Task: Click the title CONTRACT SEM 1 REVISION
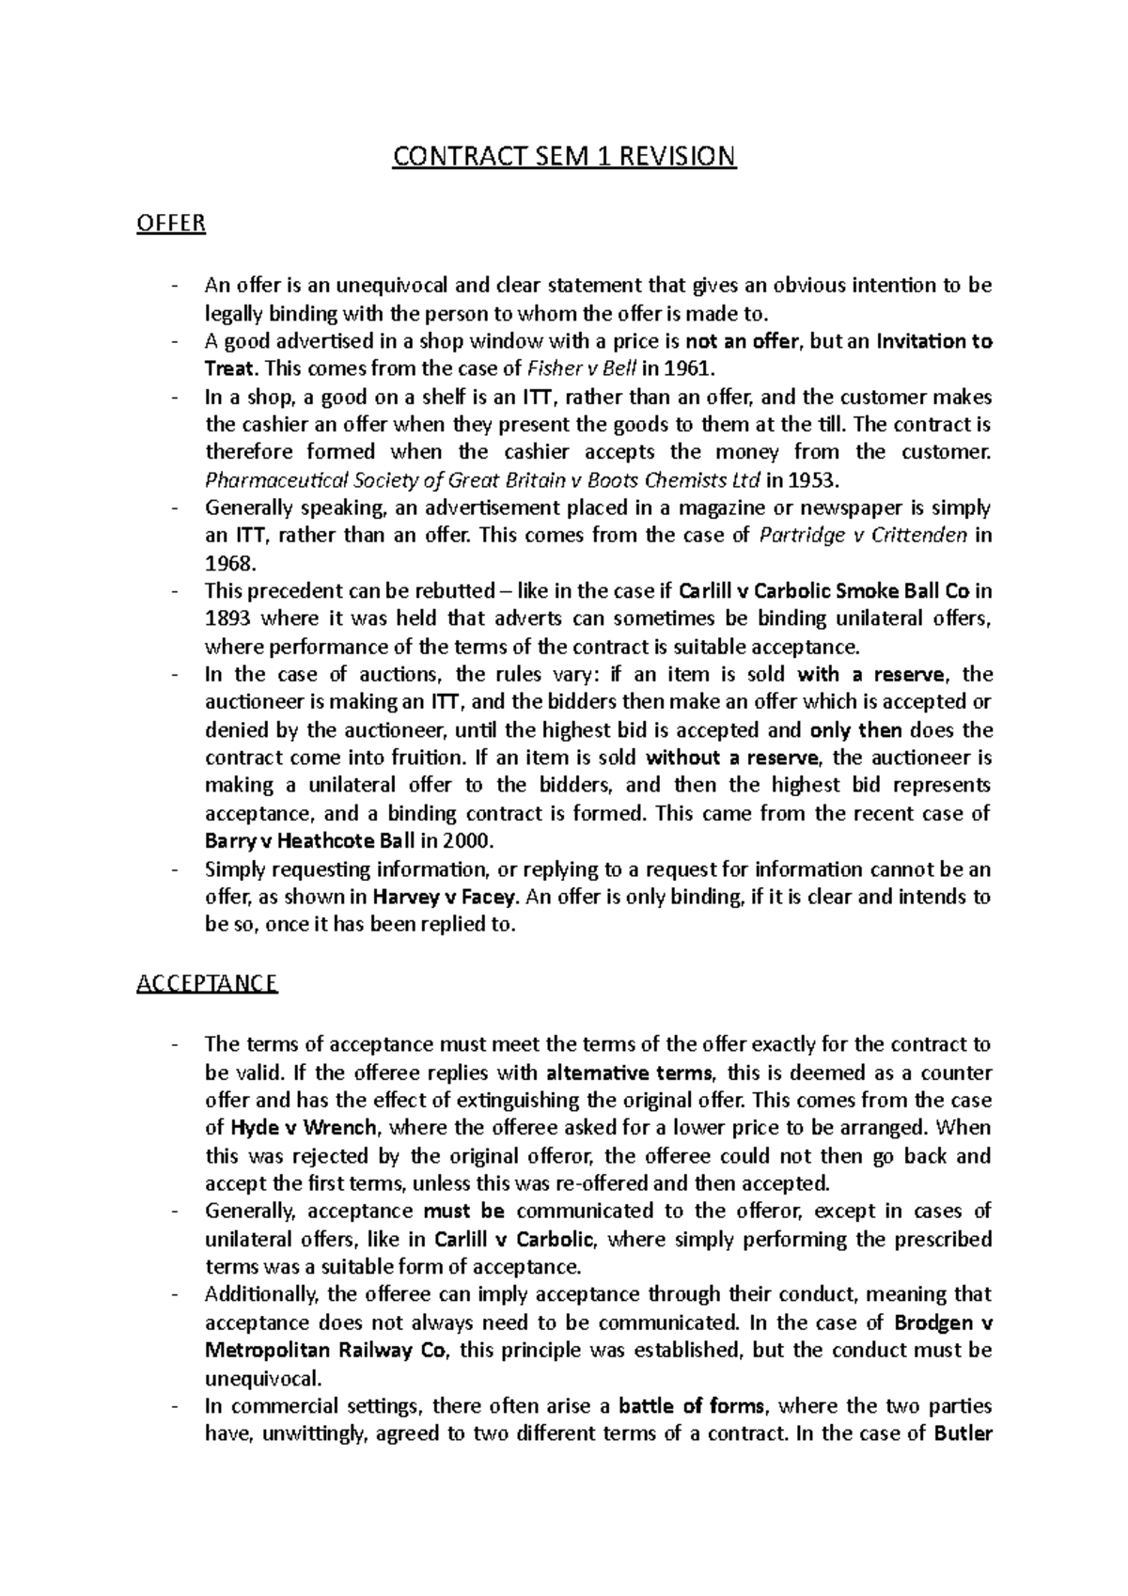coord(564,155)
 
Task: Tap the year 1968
coord(228,563)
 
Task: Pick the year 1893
coord(228,618)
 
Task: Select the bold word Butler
coord(963,1433)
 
